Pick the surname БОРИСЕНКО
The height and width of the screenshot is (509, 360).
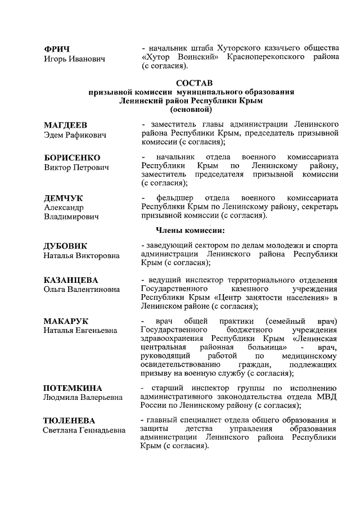(x=72, y=157)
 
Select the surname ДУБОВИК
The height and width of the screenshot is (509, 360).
(x=65, y=246)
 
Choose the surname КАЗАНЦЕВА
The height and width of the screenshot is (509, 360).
(x=71, y=280)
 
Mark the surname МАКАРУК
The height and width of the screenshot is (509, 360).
(x=65, y=321)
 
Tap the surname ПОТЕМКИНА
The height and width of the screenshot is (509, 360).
(x=73, y=388)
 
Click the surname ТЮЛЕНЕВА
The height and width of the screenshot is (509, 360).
(x=69, y=421)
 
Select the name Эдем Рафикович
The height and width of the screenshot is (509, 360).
(x=75, y=134)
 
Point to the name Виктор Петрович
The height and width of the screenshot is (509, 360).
(x=76, y=168)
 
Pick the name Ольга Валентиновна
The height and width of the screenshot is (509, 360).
(x=82, y=290)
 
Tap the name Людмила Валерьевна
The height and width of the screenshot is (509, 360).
(x=82, y=398)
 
